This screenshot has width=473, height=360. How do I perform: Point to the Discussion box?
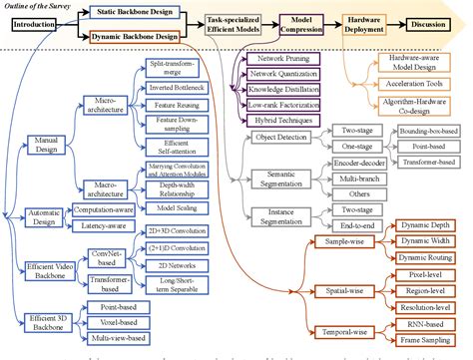[x=435, y=24]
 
